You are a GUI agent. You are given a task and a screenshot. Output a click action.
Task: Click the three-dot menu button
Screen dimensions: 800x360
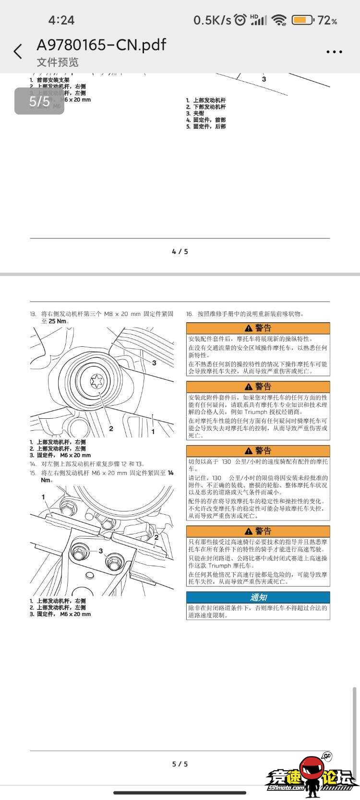pyautogui.click(x=334, y=52)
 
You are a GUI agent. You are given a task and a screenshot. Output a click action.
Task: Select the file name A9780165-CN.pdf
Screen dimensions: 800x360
pyautogui.click(x=101, y=45)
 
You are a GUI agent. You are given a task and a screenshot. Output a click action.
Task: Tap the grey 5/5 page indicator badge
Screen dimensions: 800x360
pyautogui.click(x=39, y=101)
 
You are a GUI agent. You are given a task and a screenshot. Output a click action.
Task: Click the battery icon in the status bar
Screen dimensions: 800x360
pyautogui.click(x=302, y=20)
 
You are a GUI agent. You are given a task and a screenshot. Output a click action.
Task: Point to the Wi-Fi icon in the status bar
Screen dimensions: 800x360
pyautogui.click(x=278, y=20)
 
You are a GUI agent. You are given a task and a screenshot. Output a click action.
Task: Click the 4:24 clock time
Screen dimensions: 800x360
pyautogui.click(x=61, y=20)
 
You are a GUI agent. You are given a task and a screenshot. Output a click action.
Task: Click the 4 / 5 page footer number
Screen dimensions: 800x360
pyautogui.click(x=180, y=252)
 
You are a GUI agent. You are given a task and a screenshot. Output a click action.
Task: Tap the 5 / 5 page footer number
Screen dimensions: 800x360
pyautogui.click(x=180, y=764)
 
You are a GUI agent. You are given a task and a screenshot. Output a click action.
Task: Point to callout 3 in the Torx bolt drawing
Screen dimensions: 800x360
pyautogui.click(x=154, y=363)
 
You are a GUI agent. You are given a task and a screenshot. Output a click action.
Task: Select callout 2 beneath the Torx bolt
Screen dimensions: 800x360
pyautogui.click(x=111, y=428)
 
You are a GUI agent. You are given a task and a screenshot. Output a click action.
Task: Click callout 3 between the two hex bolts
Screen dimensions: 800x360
pyautogui.click(x=101, y=551)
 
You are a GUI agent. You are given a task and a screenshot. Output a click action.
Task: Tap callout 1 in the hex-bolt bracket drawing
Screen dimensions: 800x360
pyautogui.click(x=43, y=497)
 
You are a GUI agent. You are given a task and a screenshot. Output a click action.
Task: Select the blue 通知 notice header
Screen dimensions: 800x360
pyautogui.click(x=258, y=597)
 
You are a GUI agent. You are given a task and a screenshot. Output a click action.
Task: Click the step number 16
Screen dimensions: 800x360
pyautogui.click(x=190, y=314)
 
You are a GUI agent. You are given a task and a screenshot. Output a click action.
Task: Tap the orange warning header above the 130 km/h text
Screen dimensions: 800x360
pyautogui.click(x=258, y=451)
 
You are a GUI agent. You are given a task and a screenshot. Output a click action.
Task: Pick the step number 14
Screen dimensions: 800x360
pyautogui.click(x=33, y=464)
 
